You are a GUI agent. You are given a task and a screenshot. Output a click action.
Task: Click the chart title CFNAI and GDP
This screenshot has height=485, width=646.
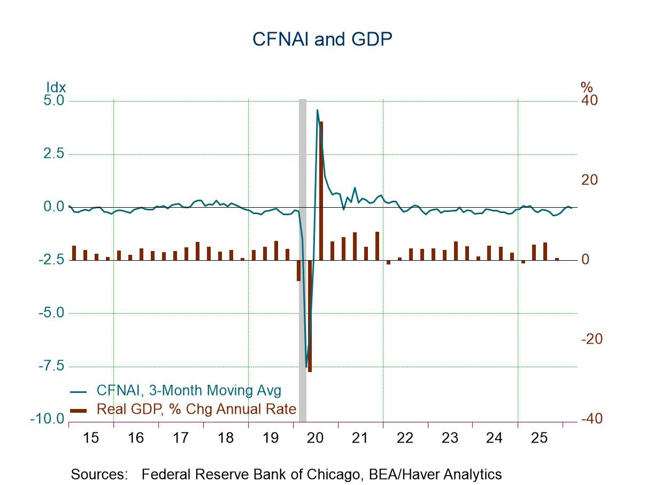[x=322, y=39]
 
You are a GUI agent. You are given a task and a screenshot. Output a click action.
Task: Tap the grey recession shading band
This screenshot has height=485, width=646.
[x=302, y=257]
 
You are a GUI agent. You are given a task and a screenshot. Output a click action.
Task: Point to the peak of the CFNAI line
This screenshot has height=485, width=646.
[x=317, y=111]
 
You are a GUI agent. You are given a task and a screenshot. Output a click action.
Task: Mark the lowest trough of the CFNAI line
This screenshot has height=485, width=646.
[x=306, y=367]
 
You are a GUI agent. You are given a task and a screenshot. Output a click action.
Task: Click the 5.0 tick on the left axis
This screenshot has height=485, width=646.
[x=52, y=101]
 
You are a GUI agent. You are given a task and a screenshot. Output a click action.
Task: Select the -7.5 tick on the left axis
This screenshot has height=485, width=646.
[x=51, y=366]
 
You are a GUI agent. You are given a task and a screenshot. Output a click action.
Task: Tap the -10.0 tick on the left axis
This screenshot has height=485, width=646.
[x=48, y=419]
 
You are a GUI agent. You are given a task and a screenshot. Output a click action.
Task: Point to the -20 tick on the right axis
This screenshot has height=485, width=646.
[x=591, y=339]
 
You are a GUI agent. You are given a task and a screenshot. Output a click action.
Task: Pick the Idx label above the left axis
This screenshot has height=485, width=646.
[x=56, y=87]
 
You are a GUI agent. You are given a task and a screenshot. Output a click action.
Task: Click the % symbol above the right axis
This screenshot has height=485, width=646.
[x=587, y=87]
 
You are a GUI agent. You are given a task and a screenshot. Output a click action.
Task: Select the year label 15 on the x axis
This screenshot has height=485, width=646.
[x=91, y=438]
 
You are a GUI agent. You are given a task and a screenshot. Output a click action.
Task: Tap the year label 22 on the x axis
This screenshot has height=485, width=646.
[x=405, y=438]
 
